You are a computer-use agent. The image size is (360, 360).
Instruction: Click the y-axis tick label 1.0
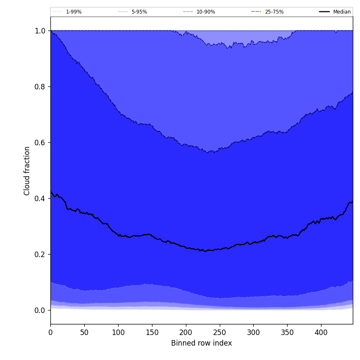pyautogui.click(x=40, y=31)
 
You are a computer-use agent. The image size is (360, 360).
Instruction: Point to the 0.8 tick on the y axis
pyautogui.click(x=40, y=87)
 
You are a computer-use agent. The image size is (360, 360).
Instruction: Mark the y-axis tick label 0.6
pyautogui.click(x=40, y=143)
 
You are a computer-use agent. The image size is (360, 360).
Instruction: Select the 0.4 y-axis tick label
pyautogui.click(x=40, y=199)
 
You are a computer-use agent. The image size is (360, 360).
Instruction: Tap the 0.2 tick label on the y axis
pyautogui.click(x=40, y=255)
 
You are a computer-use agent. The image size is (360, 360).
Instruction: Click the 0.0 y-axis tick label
pyautogui.click(x=40, y=310)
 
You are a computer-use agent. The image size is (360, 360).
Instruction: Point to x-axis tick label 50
pyautogui.click(x=84, y=333)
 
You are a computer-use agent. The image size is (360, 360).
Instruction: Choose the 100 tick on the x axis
pyautogui.click(x=118, y=333)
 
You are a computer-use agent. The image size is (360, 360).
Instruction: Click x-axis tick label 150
pyautogui.click(x=152, y=333)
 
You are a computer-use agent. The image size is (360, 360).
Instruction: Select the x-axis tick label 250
pyautogui.click(x=219, y=333)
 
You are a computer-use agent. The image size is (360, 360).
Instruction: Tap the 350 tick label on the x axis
pyautogui.click(x=287, y=333)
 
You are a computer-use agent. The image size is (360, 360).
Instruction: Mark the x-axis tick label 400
pyautogui.click(x=321, y=333)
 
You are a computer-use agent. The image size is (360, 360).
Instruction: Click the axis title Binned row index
pyautogui.click(x=202, y=343)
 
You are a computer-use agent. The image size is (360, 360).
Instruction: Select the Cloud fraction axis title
pyautogui.click(x=27, y=171)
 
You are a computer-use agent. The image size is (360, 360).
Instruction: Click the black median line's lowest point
pyautogui.click(x=206, y=251)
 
